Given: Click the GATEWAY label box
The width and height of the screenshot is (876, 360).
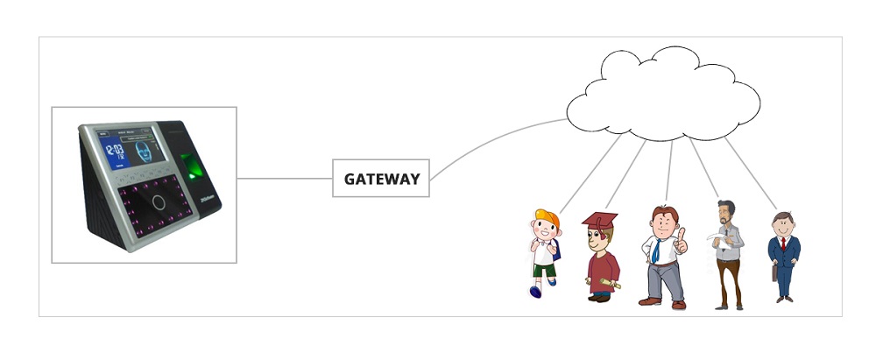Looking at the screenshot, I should click(381, 179).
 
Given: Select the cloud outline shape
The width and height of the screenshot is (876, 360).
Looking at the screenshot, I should click(663, 95).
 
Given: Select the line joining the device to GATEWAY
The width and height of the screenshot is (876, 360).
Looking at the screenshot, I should click(285, 179).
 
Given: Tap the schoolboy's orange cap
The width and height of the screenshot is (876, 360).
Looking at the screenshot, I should click(544, 216).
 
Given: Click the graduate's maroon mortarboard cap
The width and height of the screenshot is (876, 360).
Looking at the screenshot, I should click(599, 219).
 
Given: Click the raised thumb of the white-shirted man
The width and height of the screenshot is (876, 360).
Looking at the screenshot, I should click(682, 235).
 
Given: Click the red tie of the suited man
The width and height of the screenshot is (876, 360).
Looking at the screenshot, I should click(782, 243).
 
